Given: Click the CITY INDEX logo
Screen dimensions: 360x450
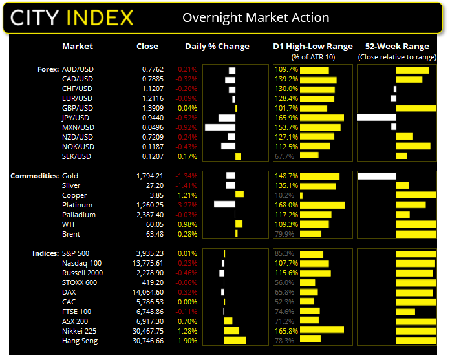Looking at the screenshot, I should (72, 17).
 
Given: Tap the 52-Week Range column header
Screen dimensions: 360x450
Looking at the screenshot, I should (397, 47).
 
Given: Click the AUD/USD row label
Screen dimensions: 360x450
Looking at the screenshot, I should (78, 69).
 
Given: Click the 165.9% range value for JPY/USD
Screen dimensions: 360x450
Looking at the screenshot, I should (285, 118).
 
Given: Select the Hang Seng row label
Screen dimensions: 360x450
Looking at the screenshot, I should (81, 341).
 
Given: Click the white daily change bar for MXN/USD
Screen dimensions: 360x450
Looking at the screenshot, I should (220, 127).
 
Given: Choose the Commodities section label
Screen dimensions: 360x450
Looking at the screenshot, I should (34, 176).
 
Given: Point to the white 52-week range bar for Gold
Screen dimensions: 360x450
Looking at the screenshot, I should (376, 176).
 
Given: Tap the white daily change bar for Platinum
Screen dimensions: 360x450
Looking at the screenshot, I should (224, 205).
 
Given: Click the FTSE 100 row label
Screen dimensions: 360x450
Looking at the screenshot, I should (76, 312).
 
